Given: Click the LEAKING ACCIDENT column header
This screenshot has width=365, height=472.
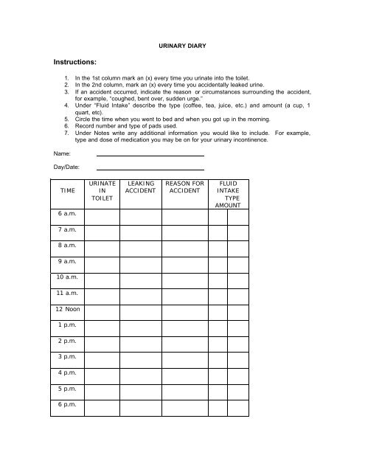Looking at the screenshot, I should coord(140,185).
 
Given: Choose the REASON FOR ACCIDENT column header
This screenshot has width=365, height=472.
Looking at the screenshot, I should coord(184,185).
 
